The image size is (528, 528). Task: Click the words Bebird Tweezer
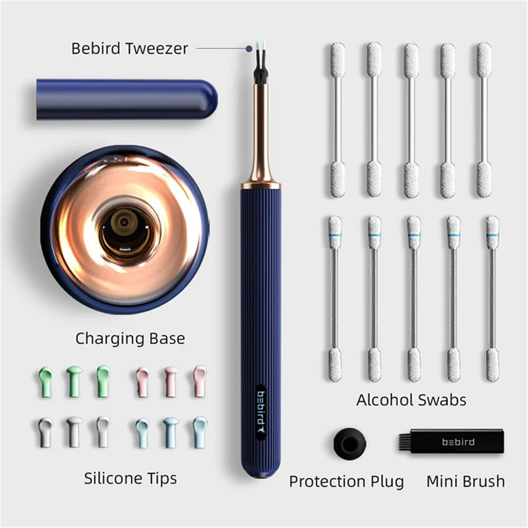pyautogui.click(x=130, y=49)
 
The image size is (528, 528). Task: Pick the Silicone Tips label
pyautogui.click(x=130, y=478)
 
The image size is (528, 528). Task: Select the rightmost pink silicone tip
pyautogui.click(x=200, y=381)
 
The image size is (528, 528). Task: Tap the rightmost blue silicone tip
pyautogui.click(x=200, y=432)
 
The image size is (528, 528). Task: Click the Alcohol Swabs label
pyautogui.click(x=411, y=400)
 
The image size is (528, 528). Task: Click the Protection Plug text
pyautogui.click(x=346, y=481)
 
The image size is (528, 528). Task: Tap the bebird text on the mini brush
pyautogui.click(x=458, y=442)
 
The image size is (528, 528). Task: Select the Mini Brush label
pyautogui.click(x=466, y=481)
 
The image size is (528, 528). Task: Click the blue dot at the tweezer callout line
pyautogui.click(x=249, y=49)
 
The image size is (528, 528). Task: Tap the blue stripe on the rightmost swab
pyautogui.click(x=492, y=235)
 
